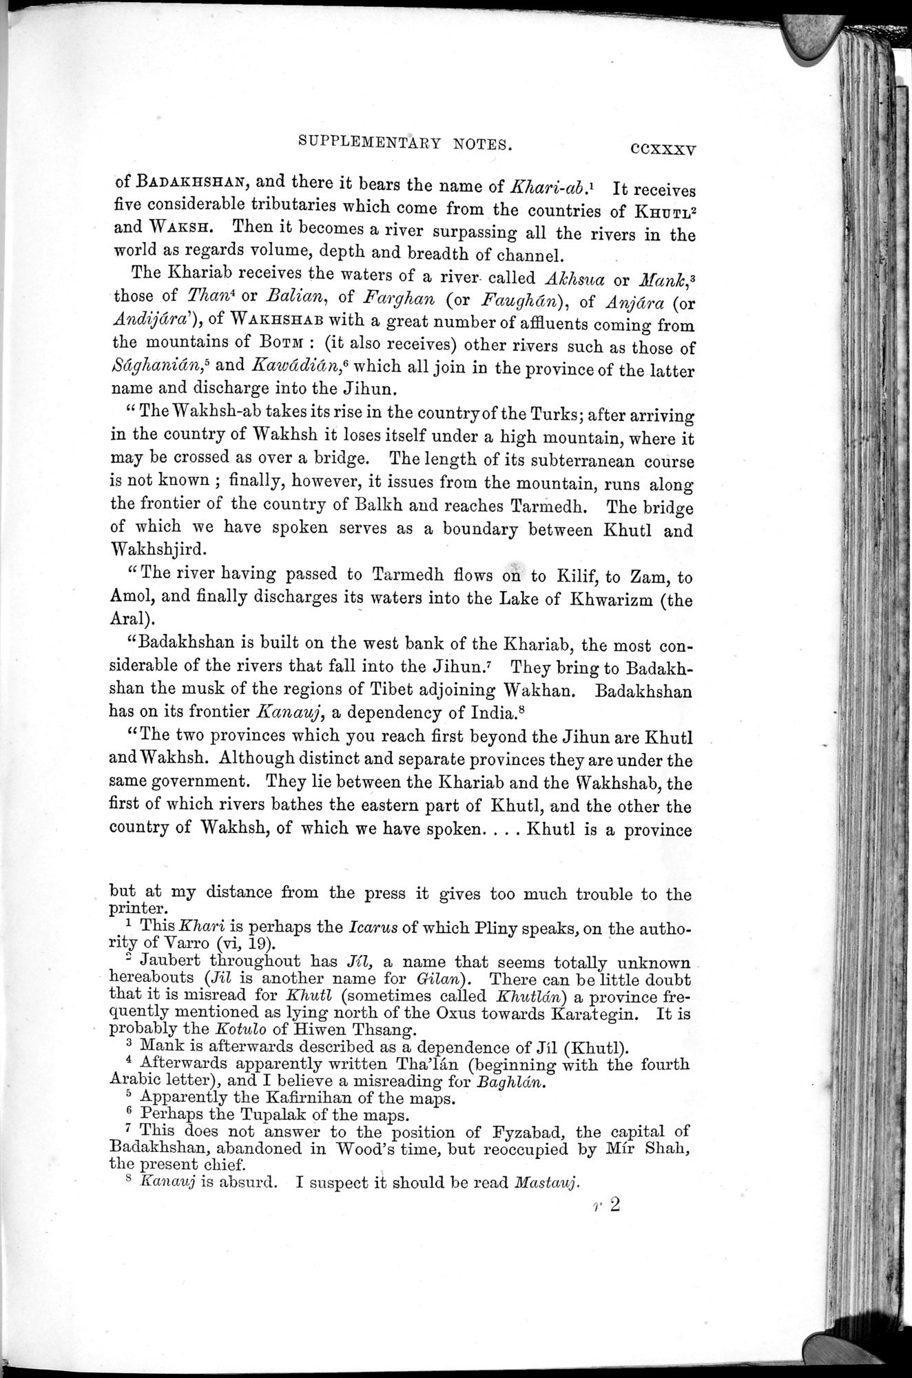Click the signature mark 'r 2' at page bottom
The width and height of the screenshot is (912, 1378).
pos(607,1205)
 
